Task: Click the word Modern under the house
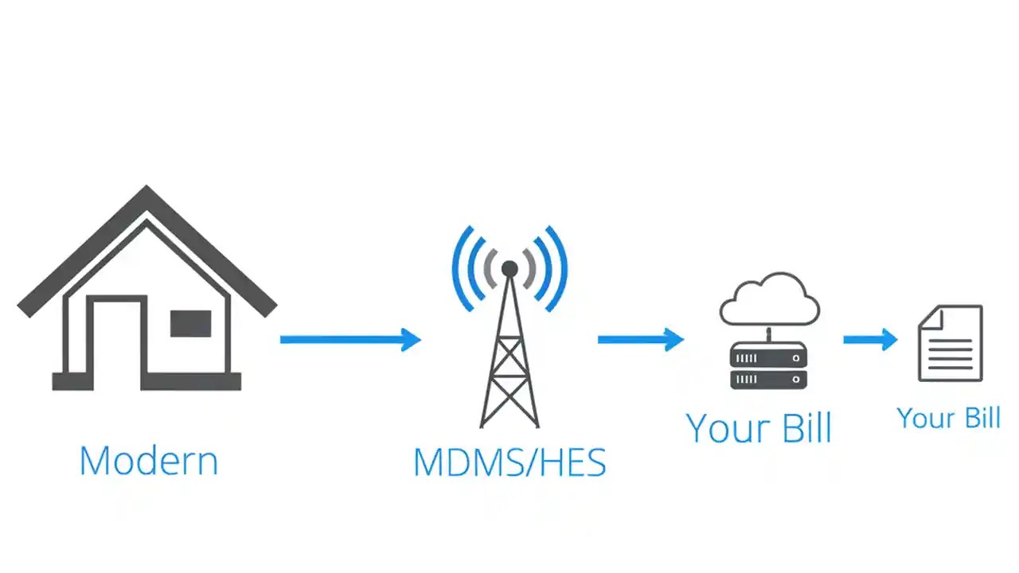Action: click(149, 461)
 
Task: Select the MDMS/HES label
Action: click(509, 462)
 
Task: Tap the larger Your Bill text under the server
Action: click(759, 428)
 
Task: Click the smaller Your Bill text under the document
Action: click(948, 418)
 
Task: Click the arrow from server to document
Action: click(869, 340)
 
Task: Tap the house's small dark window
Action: click(190, 324)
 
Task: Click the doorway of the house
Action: click(117, 342)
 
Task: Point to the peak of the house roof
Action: click(146, 191)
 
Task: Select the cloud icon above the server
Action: click(769, 299)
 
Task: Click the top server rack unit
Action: click(768, 359)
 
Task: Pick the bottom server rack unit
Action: click(768, 380)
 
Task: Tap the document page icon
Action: click(950, 344)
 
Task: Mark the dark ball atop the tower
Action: click(509, 269)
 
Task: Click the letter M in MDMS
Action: click(429, 462)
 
